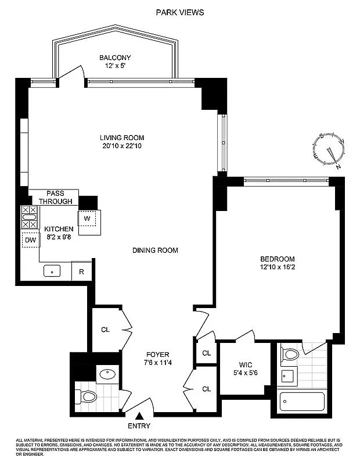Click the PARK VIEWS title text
pos(180,12)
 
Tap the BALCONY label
pos(114,58)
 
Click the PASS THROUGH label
pos(56,197)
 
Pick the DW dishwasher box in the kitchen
pos(29,239)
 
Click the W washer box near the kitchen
pos(87,218)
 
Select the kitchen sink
pos(53,271)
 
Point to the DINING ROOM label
pos(155,251)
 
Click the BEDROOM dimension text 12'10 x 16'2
pos(277,268)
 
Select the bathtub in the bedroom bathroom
pos(301,400)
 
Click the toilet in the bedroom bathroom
pos(290,353)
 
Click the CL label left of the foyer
pos(105,330)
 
